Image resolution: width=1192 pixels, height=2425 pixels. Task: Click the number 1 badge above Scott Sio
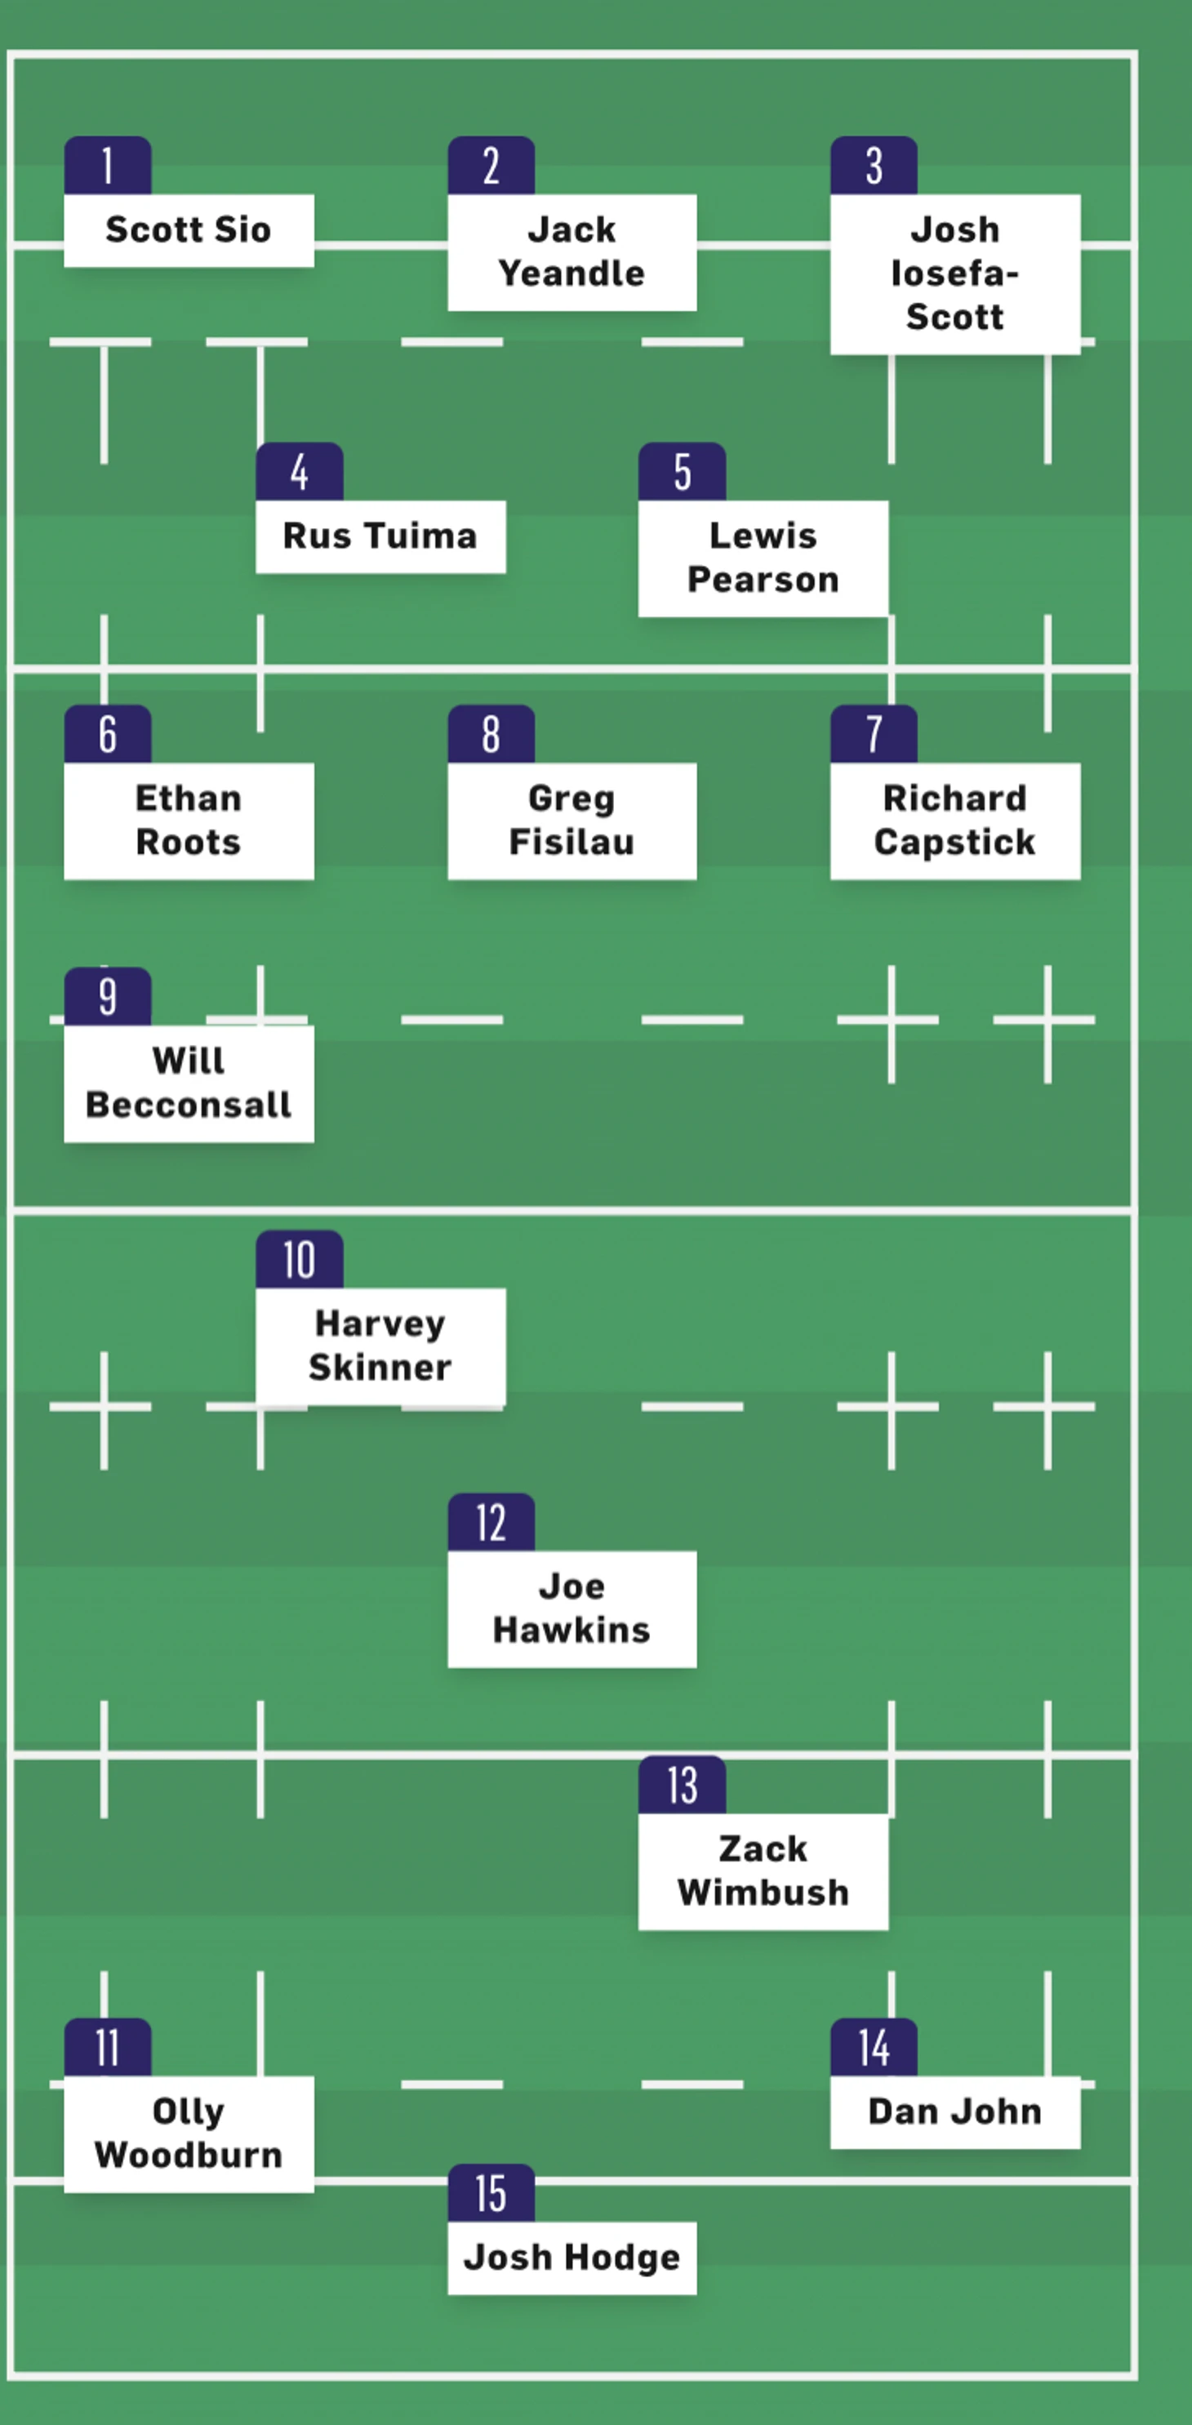pyautogui.click(x=107, y=166)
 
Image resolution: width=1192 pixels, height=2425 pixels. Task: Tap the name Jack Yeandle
pyautogui.click(x=572, y=251)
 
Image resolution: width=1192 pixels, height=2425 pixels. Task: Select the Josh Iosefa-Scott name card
pyautogui.click(x=954, y=273)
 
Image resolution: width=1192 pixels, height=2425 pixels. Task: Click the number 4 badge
pyautogui.click(x=300, y=472)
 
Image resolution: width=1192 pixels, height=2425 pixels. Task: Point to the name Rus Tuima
pyautogui.click(x=380, y=536)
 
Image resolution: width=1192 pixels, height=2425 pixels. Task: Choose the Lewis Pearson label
pyautogui.click(x=763, y=558)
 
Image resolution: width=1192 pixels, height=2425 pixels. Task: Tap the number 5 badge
pyautogui.click(x=682, y=472)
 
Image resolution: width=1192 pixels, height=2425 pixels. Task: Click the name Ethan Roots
pyautogui.click(x=189, y=820)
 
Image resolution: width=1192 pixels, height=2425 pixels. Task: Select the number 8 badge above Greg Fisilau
pyautogui.click(x=491, y=734)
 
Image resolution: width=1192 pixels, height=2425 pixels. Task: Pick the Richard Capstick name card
pyautogui.click(x=954, y=820)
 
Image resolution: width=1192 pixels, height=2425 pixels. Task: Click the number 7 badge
pyautogui.click(x=874, y=734)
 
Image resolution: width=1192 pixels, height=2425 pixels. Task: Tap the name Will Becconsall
pyautogui.click(x=189, y=1083)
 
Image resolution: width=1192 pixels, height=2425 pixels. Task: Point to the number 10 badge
pyautogui.click(x=300, y=1260)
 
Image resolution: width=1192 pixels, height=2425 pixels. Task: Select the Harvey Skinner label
pyautogui.click(x=380, y=1346)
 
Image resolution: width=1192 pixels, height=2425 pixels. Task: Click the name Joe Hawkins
pyautogui.click(x=572, y=1608)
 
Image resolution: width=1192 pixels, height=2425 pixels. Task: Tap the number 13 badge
pyautogui.click(x=682, y=1785)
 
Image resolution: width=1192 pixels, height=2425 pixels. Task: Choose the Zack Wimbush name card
pyautogui.click(x=763, y=1871)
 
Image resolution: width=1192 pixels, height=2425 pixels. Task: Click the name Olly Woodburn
pyautogui.click(x=189, y=2134)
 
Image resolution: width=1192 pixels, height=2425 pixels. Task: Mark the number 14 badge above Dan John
pyautogui.click(x=874, y=2048)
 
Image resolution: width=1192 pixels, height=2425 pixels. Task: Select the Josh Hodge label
pyautogui.click(x=572, y=2258)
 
